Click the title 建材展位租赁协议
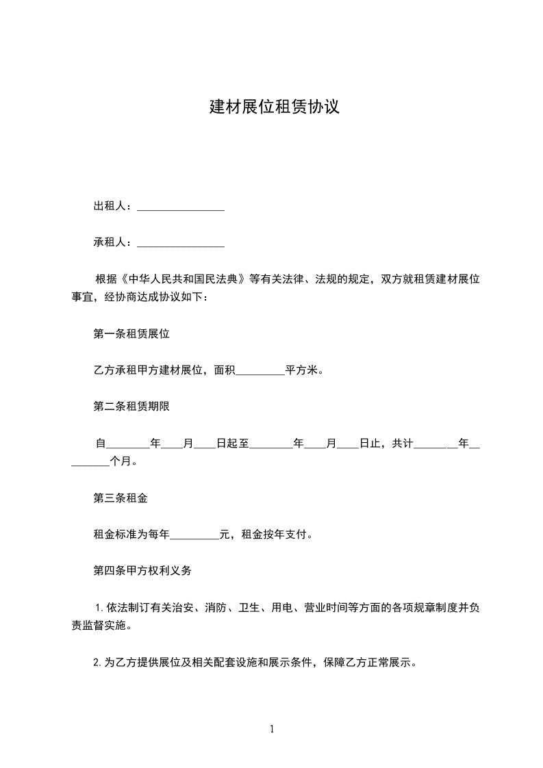(274, 107)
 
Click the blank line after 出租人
(181, 207)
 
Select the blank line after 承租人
(181, 243)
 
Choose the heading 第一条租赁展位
(131, 335)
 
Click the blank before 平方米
(260, 372)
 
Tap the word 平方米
(301, 371)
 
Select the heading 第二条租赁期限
(131, 407)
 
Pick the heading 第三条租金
(121, 498)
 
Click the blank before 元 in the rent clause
(194, 535)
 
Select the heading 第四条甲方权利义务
(142, 570)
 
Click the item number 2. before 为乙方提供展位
(97, 663)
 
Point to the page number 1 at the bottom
(272, 729)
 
